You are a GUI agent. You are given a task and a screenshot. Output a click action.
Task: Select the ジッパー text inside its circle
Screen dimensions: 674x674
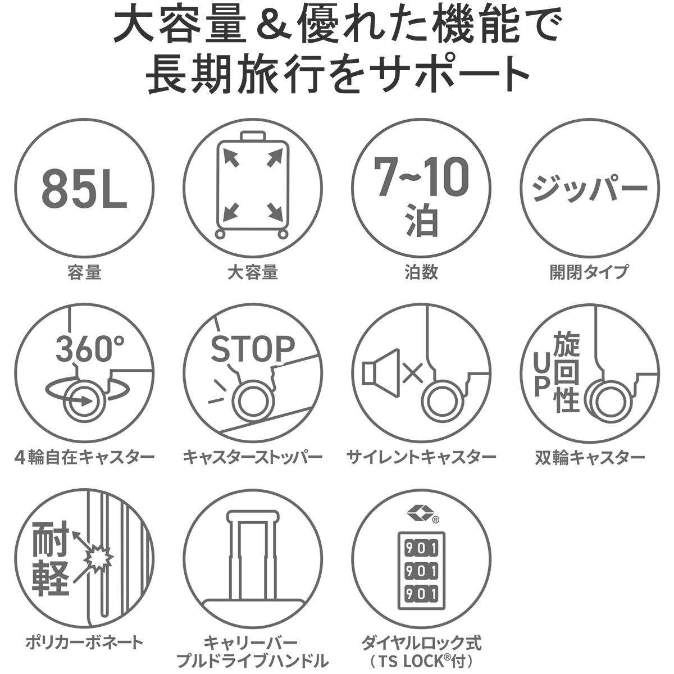point(589,188)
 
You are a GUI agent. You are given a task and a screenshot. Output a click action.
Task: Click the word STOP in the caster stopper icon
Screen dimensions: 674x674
point(253,349)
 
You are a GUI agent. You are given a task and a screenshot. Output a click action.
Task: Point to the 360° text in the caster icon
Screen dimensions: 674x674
point(90,348)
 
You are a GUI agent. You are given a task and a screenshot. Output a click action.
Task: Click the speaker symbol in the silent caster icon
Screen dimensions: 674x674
point(381,373)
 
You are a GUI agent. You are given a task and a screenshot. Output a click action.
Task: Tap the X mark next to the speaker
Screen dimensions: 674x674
point(413,373)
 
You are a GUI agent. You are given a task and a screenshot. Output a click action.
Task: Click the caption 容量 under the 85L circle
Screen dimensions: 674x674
point(84,272)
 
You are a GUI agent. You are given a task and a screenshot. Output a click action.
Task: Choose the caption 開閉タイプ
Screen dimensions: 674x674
point(589,272)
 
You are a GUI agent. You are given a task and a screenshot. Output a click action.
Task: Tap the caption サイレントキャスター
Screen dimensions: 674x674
point(421,457)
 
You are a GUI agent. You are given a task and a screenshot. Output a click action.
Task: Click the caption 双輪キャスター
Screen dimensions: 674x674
point(590,457)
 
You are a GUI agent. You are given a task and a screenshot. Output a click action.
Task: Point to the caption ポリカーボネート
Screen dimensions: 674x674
point(84,642)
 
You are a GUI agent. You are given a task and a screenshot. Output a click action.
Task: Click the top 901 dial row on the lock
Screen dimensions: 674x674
point(421,558)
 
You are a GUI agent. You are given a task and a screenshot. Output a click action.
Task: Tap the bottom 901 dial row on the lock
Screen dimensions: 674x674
point(421,604)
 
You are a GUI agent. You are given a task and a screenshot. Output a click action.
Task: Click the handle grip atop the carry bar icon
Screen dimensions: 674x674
point(253,516)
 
